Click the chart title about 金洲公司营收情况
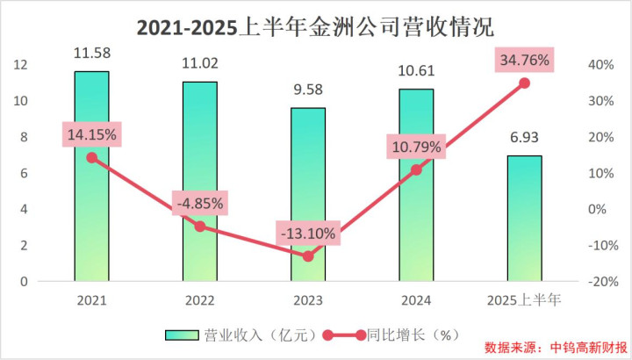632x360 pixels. click(x=315, y=25)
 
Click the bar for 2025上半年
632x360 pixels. click(x=524, y=220)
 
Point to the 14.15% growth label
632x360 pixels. click(x=91, y=135)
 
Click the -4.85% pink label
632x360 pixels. click(x=200, y=204)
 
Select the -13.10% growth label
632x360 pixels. click(x=308, y=234)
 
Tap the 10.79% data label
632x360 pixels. click(x=416, y=147)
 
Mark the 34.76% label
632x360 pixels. click(x=524, y=61)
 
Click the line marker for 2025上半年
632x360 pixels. click(x=524, y=83)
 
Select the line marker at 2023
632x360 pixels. click(x=308, y=256)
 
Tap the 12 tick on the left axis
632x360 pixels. click(x=23, y=65)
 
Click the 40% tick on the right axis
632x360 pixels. click(x=600, y=65)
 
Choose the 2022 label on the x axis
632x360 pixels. click(x=200, y=299)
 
